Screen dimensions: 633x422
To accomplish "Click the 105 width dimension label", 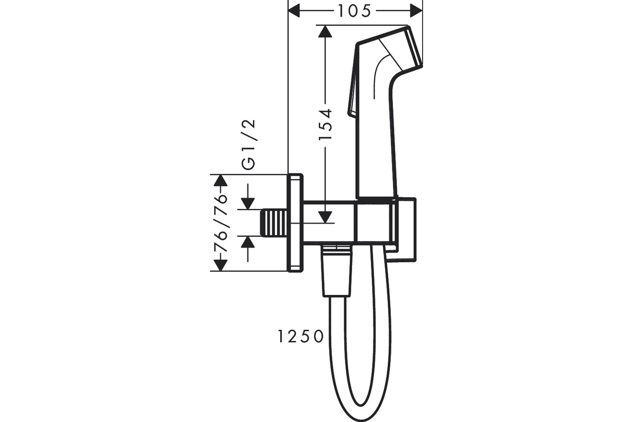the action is coord(354,11).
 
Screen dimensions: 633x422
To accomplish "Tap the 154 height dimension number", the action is coord(325,124).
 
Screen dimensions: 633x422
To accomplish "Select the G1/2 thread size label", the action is coord(249,145).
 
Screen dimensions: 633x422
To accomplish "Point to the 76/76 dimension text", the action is coord(220,223).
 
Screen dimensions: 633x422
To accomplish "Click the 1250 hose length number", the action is coord(301,337).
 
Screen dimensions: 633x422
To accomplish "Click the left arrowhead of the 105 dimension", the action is coord(294,11).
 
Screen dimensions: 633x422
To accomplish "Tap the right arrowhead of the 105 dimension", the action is coord(416,11).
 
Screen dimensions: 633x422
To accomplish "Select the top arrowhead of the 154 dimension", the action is coord(325,31).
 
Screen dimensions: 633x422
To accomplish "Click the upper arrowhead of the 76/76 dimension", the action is coord(220,180).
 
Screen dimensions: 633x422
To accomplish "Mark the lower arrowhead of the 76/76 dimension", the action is coord(220,265).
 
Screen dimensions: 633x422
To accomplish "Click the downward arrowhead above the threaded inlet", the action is coord(248,204).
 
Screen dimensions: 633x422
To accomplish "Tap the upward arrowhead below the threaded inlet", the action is coord(248,242).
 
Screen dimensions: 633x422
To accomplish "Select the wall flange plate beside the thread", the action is coord(295,223).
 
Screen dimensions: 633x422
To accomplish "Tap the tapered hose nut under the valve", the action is coord(337,271).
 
